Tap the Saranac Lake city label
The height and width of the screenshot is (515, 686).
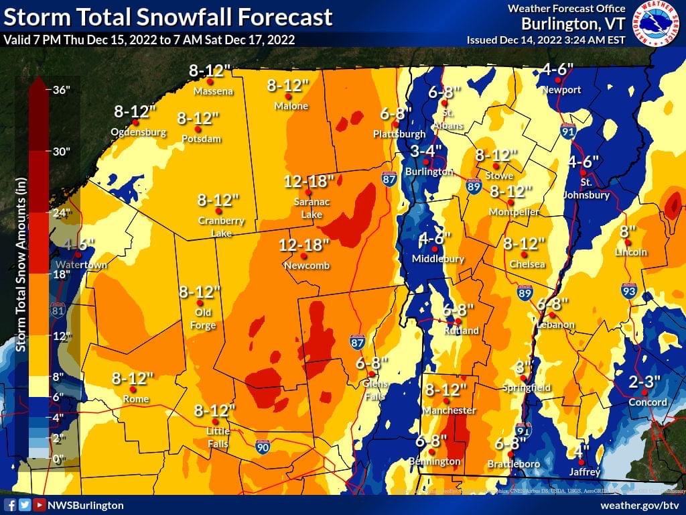point(308,208)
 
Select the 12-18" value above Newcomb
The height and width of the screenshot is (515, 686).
point(305,245)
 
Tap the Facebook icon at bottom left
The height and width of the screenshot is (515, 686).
point(10,505)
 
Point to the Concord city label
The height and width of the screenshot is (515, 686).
point(648,402)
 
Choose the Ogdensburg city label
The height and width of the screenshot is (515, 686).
point(139,132)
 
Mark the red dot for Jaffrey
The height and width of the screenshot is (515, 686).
point(581,462)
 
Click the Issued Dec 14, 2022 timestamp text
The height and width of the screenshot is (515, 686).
point(546,40)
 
